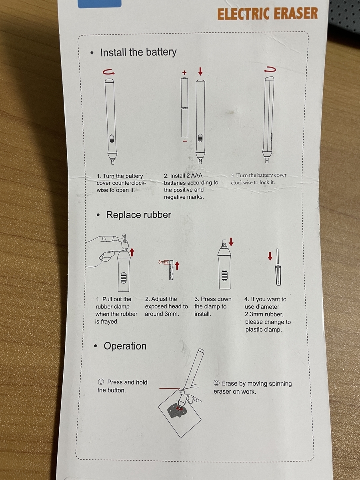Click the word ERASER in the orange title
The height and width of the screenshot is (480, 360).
[296, 14]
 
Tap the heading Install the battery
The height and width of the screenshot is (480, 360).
[138, 52]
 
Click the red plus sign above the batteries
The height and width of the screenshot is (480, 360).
[184, 72]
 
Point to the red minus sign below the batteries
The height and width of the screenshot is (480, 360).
[185, 141]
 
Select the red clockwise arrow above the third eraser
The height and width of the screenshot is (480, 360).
[270, 70]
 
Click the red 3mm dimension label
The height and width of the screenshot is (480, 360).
[163, 262]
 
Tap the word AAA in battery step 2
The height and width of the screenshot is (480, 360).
[196, 176]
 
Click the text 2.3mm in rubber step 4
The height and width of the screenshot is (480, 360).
[253, 314]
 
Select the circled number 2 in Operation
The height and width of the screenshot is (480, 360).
[216, 383]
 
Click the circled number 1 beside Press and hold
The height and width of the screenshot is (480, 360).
[101, 382]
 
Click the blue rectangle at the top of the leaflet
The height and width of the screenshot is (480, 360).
[100, 3]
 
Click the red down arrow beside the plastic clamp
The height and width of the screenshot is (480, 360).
[270, 256]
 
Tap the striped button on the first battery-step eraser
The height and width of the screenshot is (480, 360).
[112, 138]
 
